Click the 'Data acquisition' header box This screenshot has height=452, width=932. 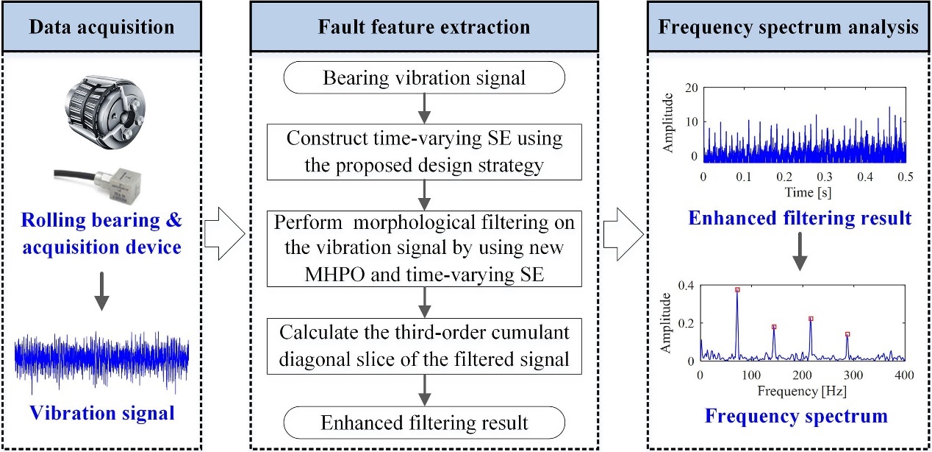101,29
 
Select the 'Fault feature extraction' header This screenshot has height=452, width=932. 424,29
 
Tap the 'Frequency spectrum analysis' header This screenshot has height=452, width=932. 788,29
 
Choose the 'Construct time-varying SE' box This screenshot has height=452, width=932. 425,152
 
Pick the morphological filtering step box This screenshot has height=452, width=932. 425,247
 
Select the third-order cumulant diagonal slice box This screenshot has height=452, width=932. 425,344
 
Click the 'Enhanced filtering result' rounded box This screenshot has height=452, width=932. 425,423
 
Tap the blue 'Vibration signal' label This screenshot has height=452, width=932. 102,412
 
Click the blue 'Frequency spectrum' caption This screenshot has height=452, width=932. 796,416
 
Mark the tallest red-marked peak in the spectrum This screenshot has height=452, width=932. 737,290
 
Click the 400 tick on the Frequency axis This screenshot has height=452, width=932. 904,375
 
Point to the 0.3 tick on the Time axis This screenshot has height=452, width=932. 825,177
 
